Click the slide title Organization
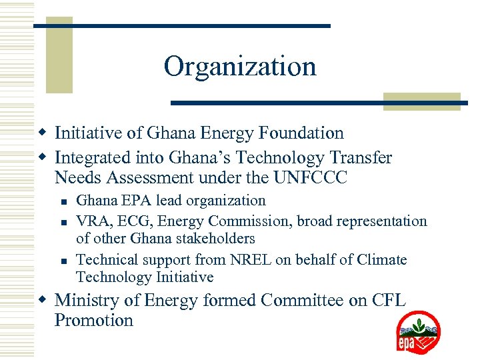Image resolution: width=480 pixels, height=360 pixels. click(240, 67)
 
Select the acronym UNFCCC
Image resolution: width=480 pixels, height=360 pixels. click(311, 178)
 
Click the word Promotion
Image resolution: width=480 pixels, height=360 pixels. click(94, 320)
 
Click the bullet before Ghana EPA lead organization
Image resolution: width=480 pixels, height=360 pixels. click(61, 201)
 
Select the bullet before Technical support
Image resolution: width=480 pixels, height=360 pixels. click(61, 260)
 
